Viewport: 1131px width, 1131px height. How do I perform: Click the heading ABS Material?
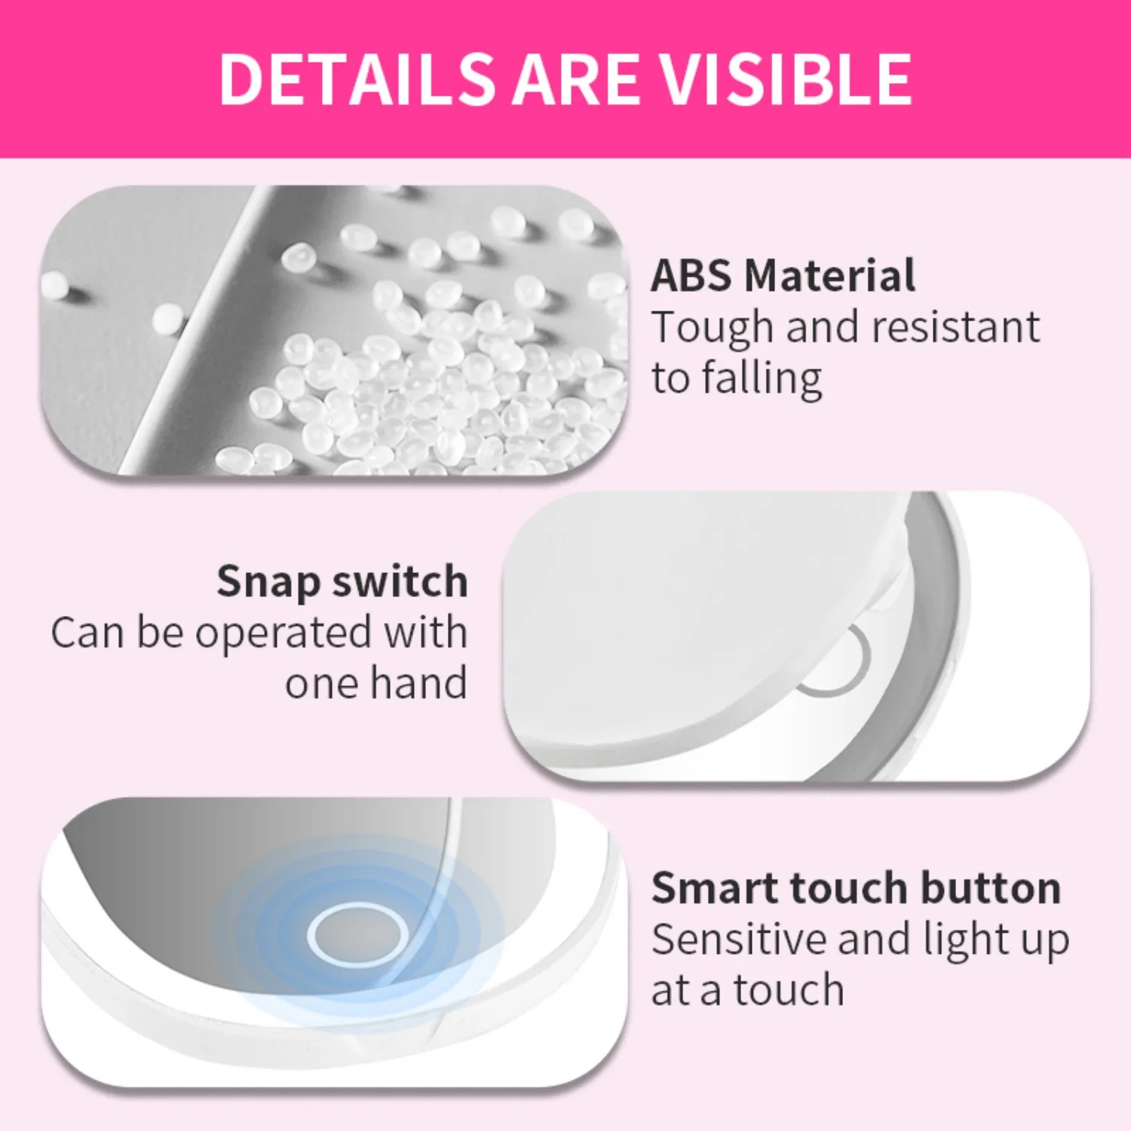point(783,275)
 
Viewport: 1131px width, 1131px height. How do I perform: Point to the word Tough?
point(713,329)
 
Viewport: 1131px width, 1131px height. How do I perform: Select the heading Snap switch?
point(342,582)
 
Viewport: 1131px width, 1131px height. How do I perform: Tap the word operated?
point(284,633)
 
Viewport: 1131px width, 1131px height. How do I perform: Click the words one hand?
point(375,684)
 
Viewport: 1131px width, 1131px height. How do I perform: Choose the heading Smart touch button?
point(856,887)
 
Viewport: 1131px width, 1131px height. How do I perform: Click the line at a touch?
point(747,990)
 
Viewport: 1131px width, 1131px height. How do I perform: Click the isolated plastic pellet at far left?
point(54,285)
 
